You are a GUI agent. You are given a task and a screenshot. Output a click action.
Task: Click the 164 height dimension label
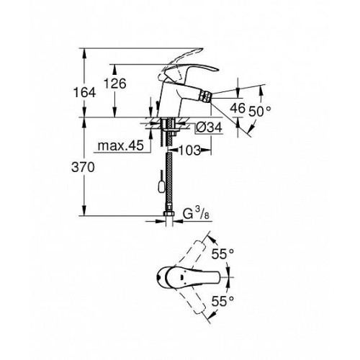[x=84, y=93]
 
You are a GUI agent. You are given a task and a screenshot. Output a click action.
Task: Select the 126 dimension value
[x=115, y=84]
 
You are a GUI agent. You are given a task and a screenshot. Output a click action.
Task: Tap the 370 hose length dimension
[x=83, y=167]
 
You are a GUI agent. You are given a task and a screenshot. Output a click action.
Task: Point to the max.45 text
[x=121, y=145]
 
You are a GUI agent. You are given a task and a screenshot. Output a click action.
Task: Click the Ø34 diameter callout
[x=208, y=127]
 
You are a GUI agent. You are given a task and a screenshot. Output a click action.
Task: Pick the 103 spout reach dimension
[x=189, y=150]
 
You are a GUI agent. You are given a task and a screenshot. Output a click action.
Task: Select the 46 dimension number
[x=238, y=108]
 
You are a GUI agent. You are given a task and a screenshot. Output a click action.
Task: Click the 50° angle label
[x=259, y=111]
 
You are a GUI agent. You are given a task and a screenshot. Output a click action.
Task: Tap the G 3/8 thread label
[x=196, y=213]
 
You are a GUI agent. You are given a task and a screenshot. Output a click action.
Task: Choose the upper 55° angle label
[x=222, y=254]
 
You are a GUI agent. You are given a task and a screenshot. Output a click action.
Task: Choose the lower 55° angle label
[x=222, y=301]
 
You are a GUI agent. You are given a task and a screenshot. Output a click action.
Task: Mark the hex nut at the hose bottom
[x=169, y=213]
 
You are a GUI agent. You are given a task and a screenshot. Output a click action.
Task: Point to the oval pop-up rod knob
[x=161, y=186]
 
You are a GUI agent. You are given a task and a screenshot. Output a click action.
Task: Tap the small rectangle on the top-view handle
[x=181, y=277]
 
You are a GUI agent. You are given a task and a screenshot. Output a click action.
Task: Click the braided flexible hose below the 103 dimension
[x=169, y=181]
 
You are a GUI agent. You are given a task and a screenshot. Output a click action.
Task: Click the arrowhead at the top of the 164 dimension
[x=84, y=53]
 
